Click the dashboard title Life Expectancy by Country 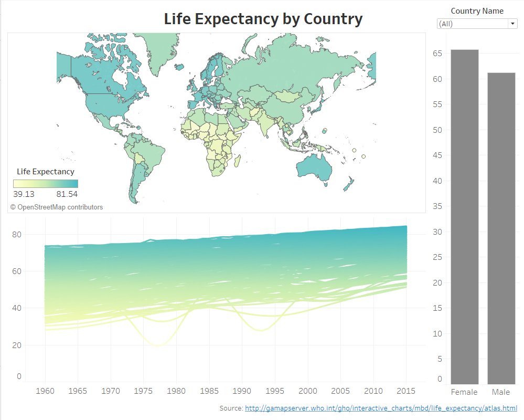[263, 19]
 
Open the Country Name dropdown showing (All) [477, 24]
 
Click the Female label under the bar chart [464, 392]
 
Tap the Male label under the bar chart [501, 392]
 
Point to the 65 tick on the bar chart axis [437, 54]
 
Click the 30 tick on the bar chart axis [437, 232]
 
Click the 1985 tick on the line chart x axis [209, 391]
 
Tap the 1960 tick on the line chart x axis [45, 391]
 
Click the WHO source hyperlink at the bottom [381, 408]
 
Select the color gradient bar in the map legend [46, 183]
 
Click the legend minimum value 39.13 [24, 194]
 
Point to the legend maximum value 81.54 [67, 194]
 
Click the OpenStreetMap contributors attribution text [56, 207]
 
